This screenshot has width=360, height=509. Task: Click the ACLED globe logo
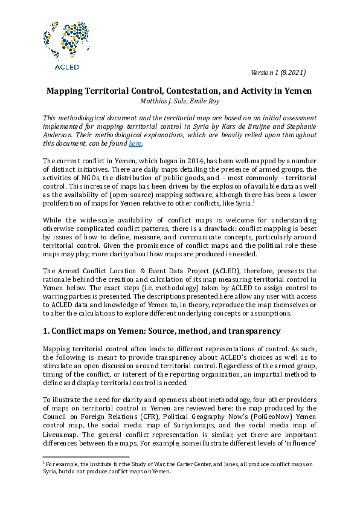point(66,40)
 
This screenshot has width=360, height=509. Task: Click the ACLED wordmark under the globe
point(66,67)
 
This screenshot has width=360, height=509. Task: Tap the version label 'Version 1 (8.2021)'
point(278,73)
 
